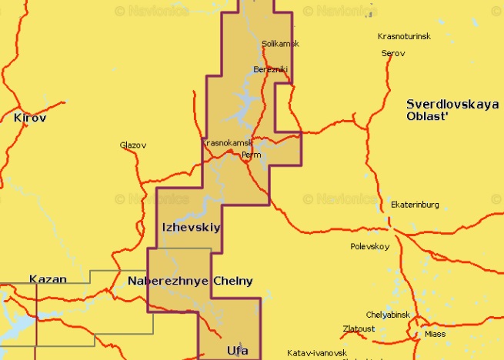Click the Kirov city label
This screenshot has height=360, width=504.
coord(30,118)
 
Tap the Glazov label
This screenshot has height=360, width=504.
coord(133,145)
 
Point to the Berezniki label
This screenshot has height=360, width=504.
coord(270,70)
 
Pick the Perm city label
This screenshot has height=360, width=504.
coord(252,155)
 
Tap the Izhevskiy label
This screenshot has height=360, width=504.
coord(191,228)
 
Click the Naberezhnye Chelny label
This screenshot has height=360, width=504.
coord(190,281)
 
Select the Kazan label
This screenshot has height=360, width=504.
coord(48,279)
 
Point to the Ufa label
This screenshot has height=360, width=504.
coord(238,352)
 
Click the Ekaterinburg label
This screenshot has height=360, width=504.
coord(415,205)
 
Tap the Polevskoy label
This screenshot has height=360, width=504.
coord(369,247)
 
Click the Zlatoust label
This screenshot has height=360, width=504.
coord(360,328)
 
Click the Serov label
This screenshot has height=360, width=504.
coord(392,53)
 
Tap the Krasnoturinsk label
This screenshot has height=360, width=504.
coord(404,37)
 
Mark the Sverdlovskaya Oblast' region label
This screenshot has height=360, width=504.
coord(452,109)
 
